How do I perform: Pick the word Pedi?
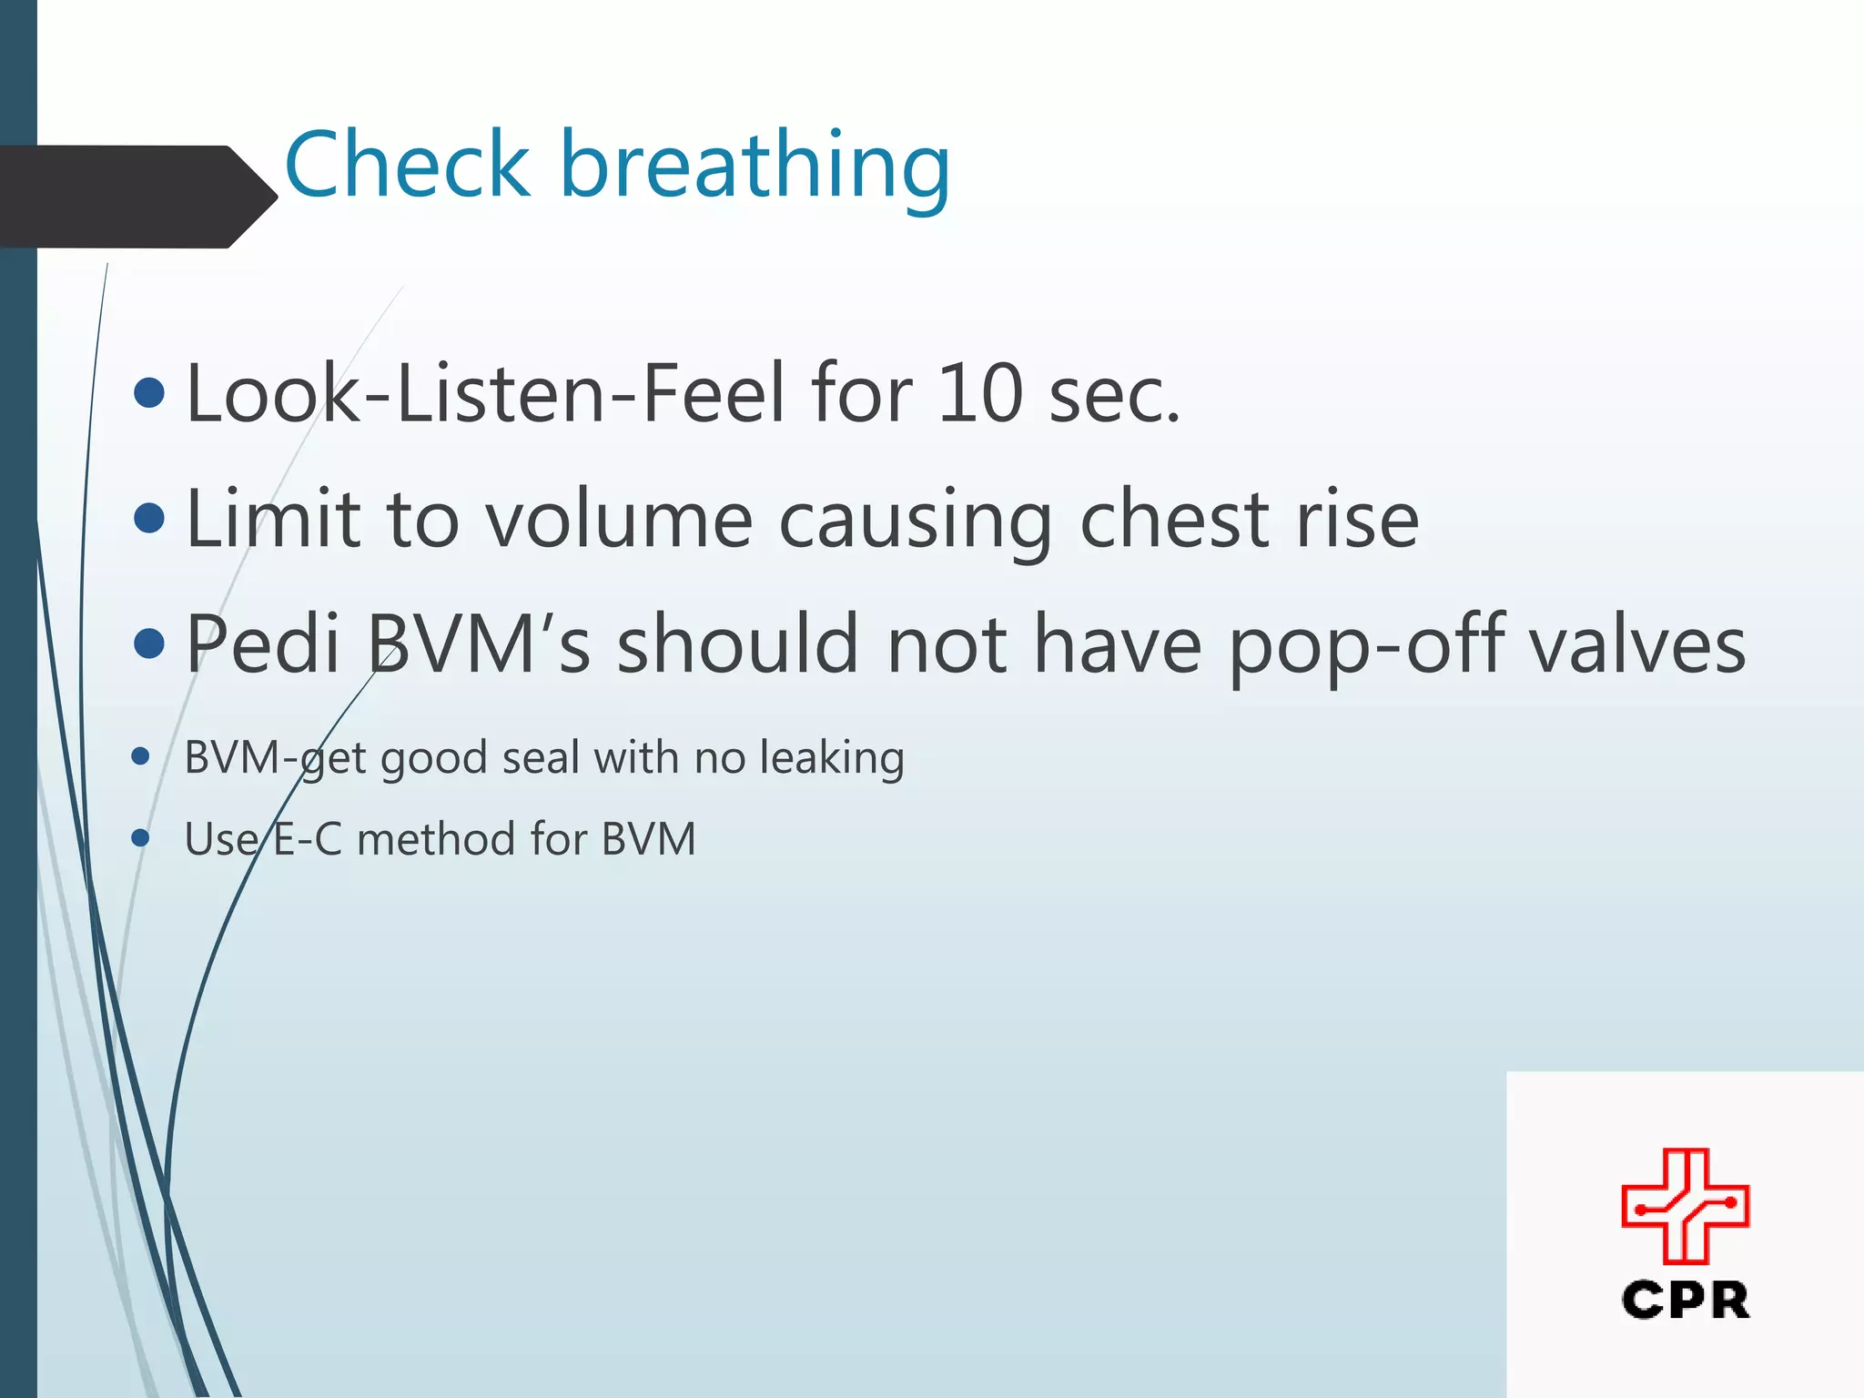click(263, 644)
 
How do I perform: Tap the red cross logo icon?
click(1685, 1206)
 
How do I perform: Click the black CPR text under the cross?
click(1685, 1300)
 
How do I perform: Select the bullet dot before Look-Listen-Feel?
click(149, 393)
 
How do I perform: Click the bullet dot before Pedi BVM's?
click(149, 644)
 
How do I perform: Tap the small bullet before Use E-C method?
click(140, 837)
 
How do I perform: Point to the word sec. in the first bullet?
click(1114, 395)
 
